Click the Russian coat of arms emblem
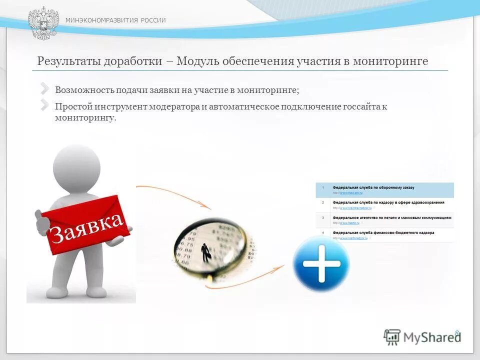point(43,23)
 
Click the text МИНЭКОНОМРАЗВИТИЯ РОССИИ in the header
point(115,20)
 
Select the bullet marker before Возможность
point(45,89)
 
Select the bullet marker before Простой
point(45,105)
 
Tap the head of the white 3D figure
point(76,165)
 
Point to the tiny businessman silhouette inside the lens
point(205,252)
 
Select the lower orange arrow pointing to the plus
point(250,277)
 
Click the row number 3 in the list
point(323,218)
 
